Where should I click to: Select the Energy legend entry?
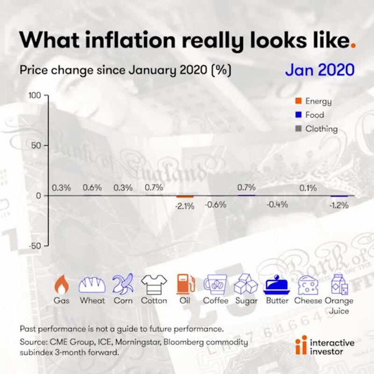(x=314, y=101)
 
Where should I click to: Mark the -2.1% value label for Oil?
(x=185, y=206)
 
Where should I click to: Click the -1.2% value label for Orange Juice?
(x=339, y=206)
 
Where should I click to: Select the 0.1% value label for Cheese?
(x=308, y=188)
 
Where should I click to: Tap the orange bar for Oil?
(x=185, y=197)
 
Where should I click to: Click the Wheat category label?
(x=93, y=301)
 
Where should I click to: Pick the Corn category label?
(x=123, y=301)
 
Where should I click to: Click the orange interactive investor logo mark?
(x=304, y=345)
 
